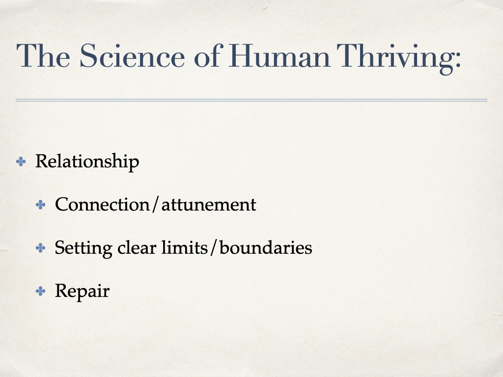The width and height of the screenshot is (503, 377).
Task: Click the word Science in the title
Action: (x=132, y=55)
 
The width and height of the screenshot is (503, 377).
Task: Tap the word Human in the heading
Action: (x=279, y=55)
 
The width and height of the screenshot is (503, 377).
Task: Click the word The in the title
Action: (x=43, y=55)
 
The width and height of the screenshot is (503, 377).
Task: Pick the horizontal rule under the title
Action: (x=251, y=100)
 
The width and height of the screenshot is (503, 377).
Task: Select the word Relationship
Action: (x=87, y=162)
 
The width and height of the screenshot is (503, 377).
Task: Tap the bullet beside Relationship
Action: (x=21, y=161)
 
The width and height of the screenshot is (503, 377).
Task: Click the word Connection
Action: (x=102, y=204)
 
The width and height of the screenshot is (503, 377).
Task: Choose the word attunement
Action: (x=209, y=205)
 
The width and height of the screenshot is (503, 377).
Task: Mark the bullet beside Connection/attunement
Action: (x=40, y=205)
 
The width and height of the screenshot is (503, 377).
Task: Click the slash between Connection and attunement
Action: (x=156, y=205)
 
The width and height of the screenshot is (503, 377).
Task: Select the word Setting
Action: (x=84, y=248)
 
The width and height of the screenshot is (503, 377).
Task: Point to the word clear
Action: (x=137, y=248)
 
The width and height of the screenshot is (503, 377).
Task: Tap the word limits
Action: (x=185, y=247)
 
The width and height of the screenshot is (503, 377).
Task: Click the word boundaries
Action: (x=266, y=248)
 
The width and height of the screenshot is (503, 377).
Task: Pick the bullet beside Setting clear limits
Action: (x=40, y=248)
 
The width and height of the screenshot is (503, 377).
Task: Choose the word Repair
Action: (x=82, y=292)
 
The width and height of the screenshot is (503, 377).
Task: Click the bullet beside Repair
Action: (x=40, y=291)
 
